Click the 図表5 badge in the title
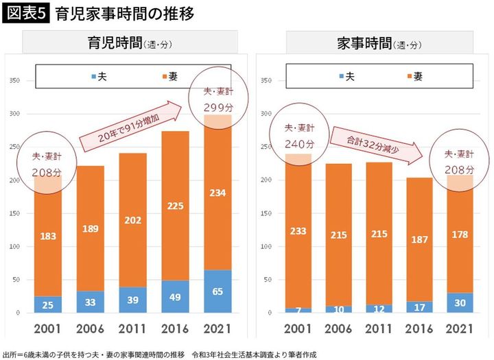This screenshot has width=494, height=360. coord(25,14)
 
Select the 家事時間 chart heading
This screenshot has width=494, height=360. coord(371,43)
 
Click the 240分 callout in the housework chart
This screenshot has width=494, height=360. coord(299,144)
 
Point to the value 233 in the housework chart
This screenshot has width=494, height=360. coord(299,232)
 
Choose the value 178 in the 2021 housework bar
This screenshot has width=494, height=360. coord(460,235)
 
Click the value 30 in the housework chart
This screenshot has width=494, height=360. coord(460,303)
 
